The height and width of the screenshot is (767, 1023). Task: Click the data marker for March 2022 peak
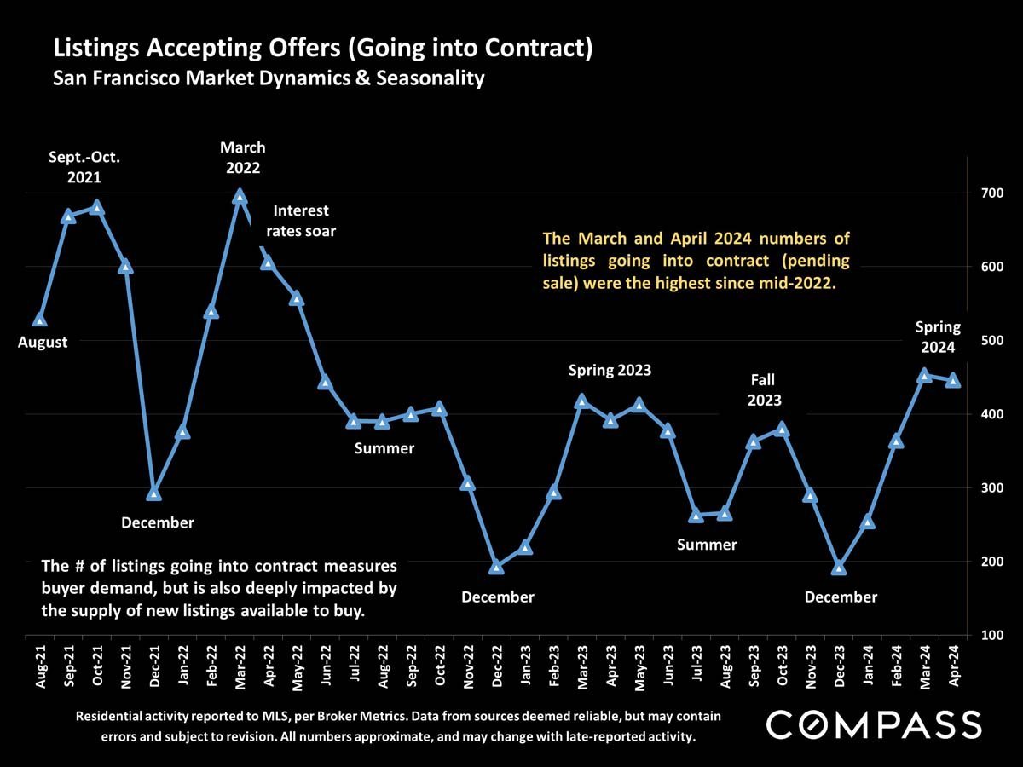(x=240, y=196)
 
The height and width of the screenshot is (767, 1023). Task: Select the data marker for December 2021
(x=153, y=493)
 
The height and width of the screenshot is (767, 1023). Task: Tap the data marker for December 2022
(x=496, y=567)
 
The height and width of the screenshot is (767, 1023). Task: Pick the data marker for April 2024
(x=953, y=380)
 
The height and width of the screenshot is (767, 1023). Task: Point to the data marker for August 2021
(x=39, y=320)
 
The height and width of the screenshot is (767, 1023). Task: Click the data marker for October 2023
(x=782, y=429)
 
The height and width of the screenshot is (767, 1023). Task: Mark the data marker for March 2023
(x=581, y=401)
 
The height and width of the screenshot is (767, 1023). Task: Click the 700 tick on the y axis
(x=991, y=193)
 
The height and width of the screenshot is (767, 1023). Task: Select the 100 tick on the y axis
(x=991, y=635)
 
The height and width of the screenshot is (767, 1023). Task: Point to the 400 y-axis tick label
(x=991, y=414)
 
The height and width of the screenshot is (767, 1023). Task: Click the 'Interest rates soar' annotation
(x=301, y=221)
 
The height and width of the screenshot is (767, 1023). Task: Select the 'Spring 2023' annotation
(x=610, y=370)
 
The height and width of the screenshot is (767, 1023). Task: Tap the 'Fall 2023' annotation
(x=763, y=389)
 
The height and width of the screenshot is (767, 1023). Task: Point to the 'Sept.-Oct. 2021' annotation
(x=84, y=167)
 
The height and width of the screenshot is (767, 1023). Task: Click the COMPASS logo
(x=874, y=724)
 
